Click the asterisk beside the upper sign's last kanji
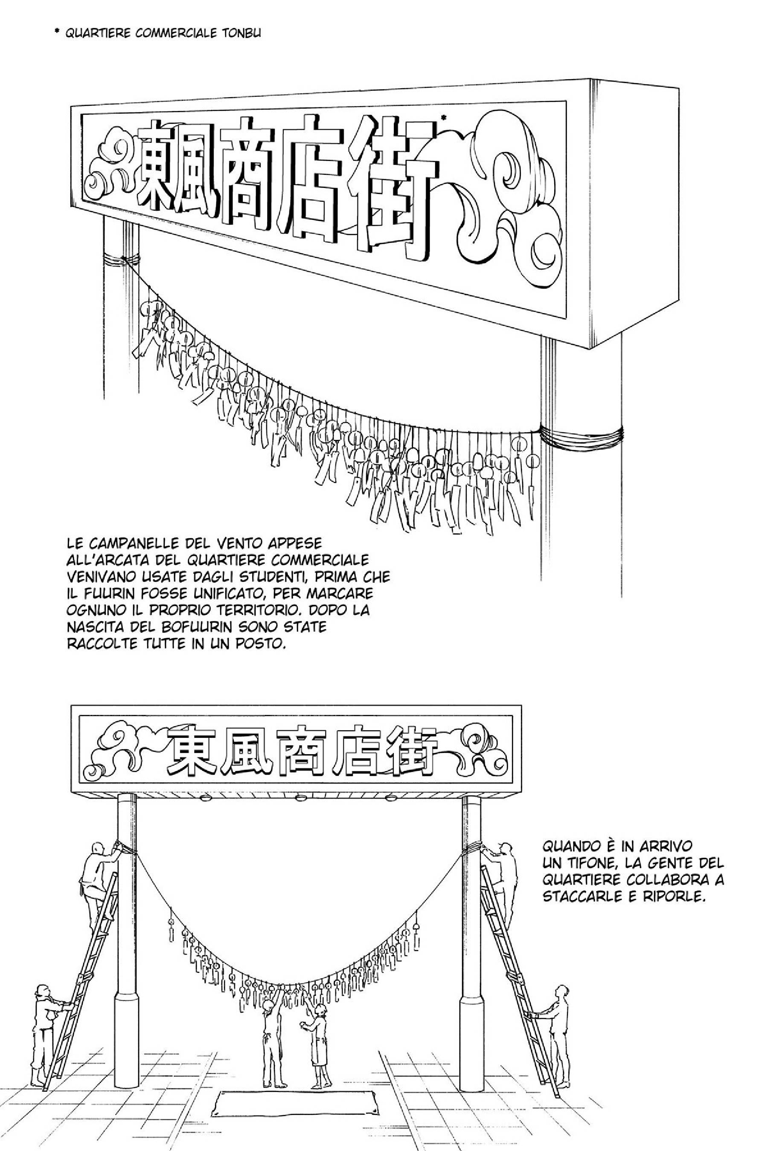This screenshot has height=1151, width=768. pyautogui.click(x=443, y=118)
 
